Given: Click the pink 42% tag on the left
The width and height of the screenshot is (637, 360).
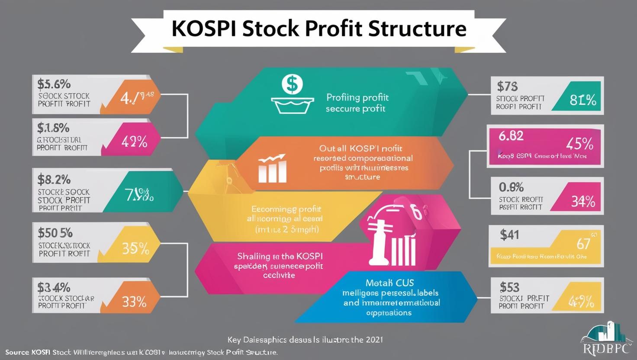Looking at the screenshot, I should coord(135,141).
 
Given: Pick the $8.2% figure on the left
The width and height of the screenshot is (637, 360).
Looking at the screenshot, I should coord(54,179).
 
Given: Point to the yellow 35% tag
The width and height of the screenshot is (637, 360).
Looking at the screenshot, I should coord(135,248).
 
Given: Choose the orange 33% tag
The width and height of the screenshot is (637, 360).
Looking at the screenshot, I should coord(134,302).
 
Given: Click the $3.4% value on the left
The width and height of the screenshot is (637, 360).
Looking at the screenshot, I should coord(54,287).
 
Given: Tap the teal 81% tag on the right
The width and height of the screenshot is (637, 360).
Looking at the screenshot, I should coord(583,100).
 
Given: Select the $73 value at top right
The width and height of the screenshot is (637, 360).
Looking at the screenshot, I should coord(507,87).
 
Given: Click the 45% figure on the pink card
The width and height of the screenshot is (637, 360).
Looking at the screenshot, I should coord(579,143).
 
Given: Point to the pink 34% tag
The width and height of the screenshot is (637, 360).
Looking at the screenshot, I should coord(583,201).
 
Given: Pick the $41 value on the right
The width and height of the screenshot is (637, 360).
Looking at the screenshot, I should coord(509,235).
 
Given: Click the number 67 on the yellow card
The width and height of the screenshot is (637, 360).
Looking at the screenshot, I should coord(583,244).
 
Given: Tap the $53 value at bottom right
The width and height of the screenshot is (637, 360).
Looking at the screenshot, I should coord(509,287).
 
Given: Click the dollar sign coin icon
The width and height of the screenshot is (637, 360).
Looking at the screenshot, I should coord(292,84).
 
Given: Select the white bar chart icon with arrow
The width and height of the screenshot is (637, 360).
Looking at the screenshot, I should coord(272,168).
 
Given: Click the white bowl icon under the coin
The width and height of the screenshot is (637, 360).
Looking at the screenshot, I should coord(292,105).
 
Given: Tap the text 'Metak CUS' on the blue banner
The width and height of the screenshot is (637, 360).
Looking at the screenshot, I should coord(386,283).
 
